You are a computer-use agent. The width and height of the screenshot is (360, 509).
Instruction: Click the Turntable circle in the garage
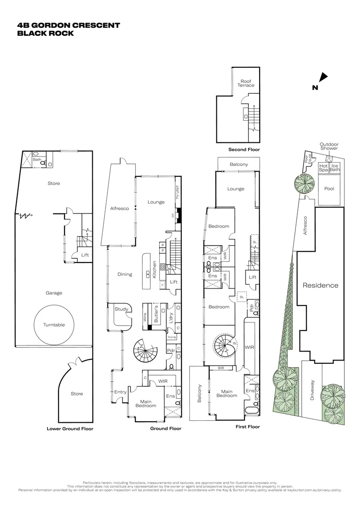[54, 325]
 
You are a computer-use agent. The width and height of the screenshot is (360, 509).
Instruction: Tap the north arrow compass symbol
[323, 78]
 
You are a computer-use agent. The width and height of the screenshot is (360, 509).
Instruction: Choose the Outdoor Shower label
[329, 147]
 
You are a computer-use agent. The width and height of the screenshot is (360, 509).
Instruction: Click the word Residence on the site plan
[320, 285]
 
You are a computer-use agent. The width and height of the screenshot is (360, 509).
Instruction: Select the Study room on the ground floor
[122, 309]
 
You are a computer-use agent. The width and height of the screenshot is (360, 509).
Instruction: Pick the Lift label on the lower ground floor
[85, 255]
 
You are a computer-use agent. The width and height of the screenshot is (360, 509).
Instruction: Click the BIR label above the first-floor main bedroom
[220, 368]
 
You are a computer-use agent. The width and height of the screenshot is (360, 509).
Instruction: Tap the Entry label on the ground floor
[120, 392]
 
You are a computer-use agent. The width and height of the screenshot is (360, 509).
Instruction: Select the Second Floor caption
[244, 149]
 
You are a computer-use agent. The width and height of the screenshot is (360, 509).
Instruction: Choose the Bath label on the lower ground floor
[37, 160]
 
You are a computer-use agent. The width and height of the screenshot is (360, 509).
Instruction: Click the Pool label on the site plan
[329, 188]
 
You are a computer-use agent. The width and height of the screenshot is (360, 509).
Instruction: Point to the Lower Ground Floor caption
[70, 429]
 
